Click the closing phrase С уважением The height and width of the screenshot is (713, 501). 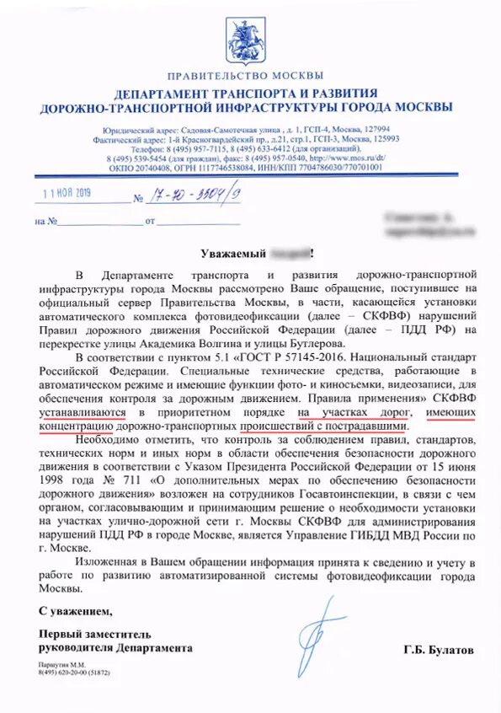click(x=75, y=609)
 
